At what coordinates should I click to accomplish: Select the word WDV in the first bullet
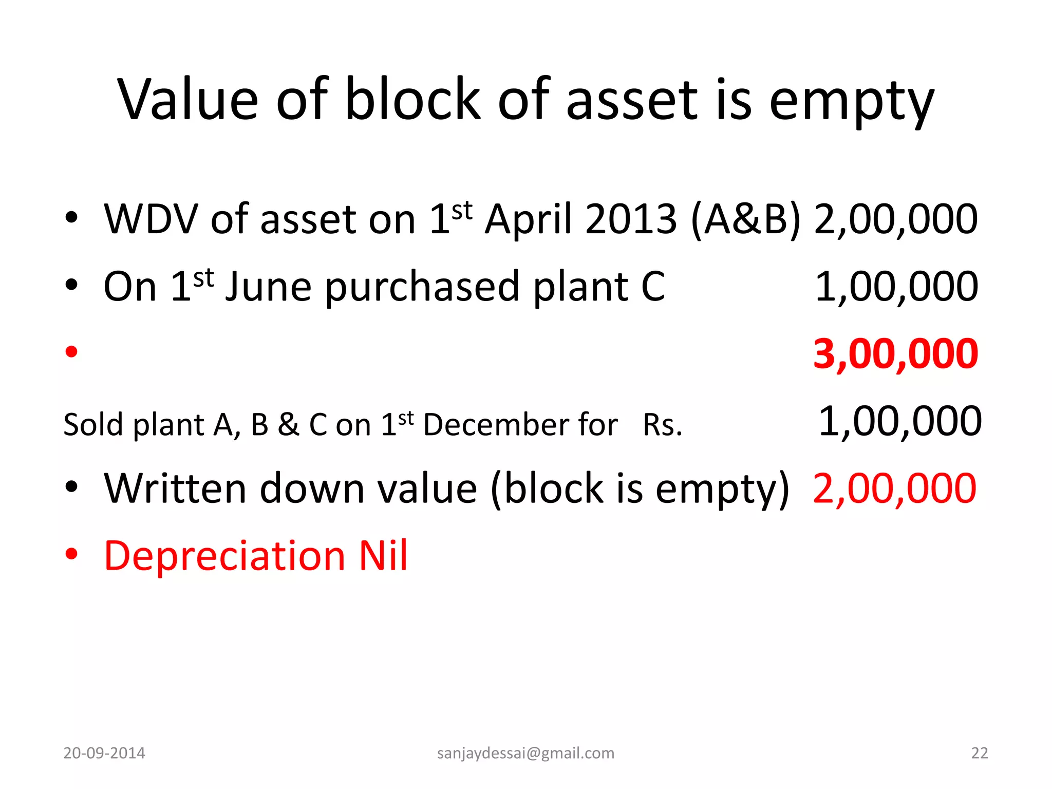(x=151, y=219)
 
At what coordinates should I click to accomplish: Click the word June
(x=268, y=287)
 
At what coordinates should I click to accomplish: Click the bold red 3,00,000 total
(x=896, y=354)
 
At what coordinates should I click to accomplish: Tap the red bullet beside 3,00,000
(x=71, y=352)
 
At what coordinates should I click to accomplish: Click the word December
(x=520, y=425)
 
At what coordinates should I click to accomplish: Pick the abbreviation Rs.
(x=663, y=425)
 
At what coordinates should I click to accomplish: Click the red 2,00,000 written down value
(x=894, y=489)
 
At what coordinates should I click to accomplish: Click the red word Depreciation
(x=224, y=556)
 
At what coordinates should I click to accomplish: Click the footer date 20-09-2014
(x=104, y=753)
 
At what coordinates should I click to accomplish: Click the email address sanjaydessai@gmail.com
(x=525, y=753)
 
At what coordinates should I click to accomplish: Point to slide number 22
(x=980, y=753)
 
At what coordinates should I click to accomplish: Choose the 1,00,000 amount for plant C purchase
(x=896, y=287)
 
